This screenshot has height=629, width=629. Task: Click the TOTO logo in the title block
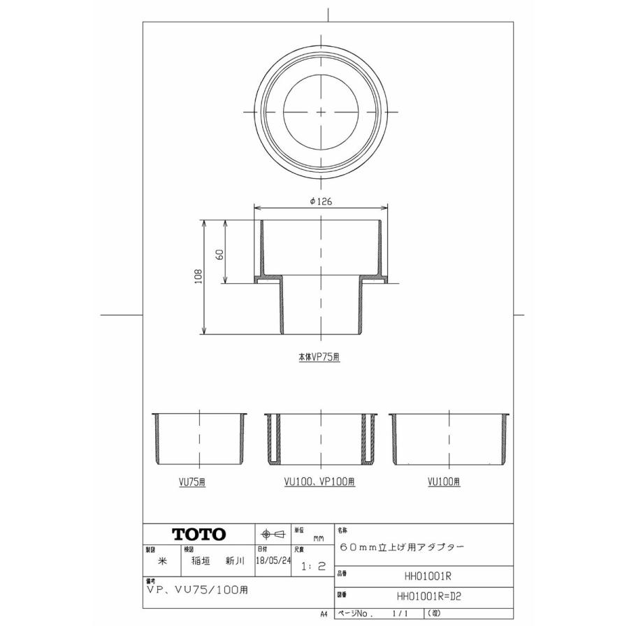199,535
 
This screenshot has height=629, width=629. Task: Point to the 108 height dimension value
198,276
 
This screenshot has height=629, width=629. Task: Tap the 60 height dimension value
219,253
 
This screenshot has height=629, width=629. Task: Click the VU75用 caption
191,482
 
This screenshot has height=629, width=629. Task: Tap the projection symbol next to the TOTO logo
273,535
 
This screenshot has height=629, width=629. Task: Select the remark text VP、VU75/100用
198,589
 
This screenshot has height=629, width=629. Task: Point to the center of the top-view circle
320,112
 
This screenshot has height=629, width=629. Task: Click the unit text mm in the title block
318,539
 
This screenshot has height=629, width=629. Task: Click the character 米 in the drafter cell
162,561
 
